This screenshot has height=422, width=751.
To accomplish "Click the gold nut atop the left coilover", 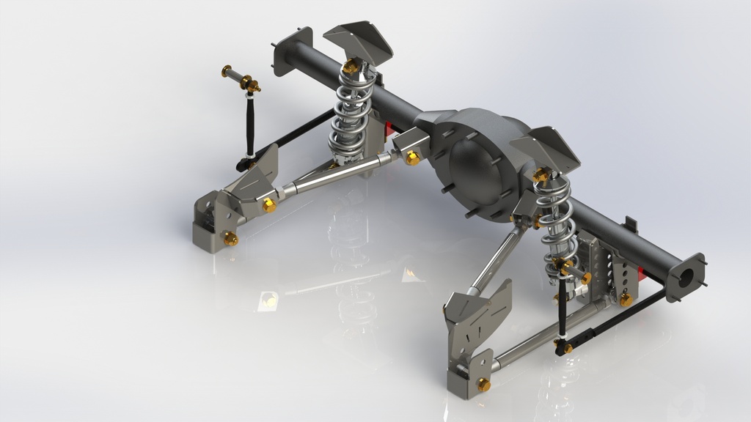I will [351, 67].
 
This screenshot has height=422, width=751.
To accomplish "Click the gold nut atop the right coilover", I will [541, 174].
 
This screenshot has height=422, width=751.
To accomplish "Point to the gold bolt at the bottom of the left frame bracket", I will [230, 238].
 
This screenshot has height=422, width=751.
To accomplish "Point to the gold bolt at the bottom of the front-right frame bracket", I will [483, 385].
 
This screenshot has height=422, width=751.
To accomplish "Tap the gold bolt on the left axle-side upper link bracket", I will [412, 158].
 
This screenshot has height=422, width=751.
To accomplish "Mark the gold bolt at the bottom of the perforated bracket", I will [625, 300].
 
